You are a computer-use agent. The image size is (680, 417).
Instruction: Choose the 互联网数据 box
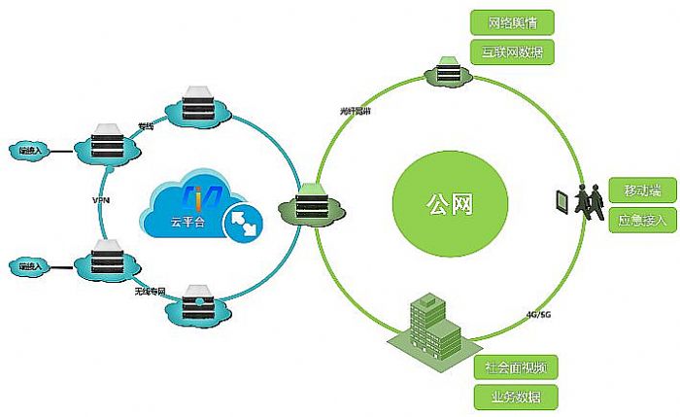[512, 52]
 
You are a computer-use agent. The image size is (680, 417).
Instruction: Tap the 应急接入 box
[640, 221]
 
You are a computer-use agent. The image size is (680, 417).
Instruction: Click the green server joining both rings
[313, 203]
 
